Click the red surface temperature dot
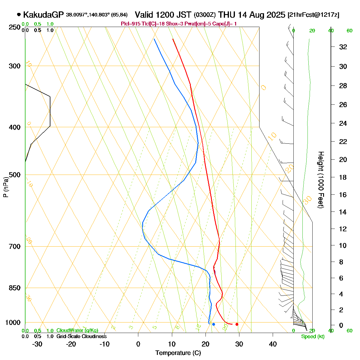tap(237, 324)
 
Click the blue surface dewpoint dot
tap(213, 324)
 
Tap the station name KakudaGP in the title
tap(43, 15)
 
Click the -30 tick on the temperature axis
tap(37, 344)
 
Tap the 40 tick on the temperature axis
tap(273, 344)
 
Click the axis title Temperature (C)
tap(178, 353)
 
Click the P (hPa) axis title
tap(6, 187)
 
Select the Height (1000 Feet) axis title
tap(321, 180)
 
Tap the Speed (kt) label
tap(313, 337)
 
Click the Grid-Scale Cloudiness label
tap(81, 336)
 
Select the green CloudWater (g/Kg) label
tap(77, 330)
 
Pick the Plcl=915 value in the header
tap(130, 24)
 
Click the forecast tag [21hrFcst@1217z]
tap(313, 15)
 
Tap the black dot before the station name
tap(19, 14)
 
